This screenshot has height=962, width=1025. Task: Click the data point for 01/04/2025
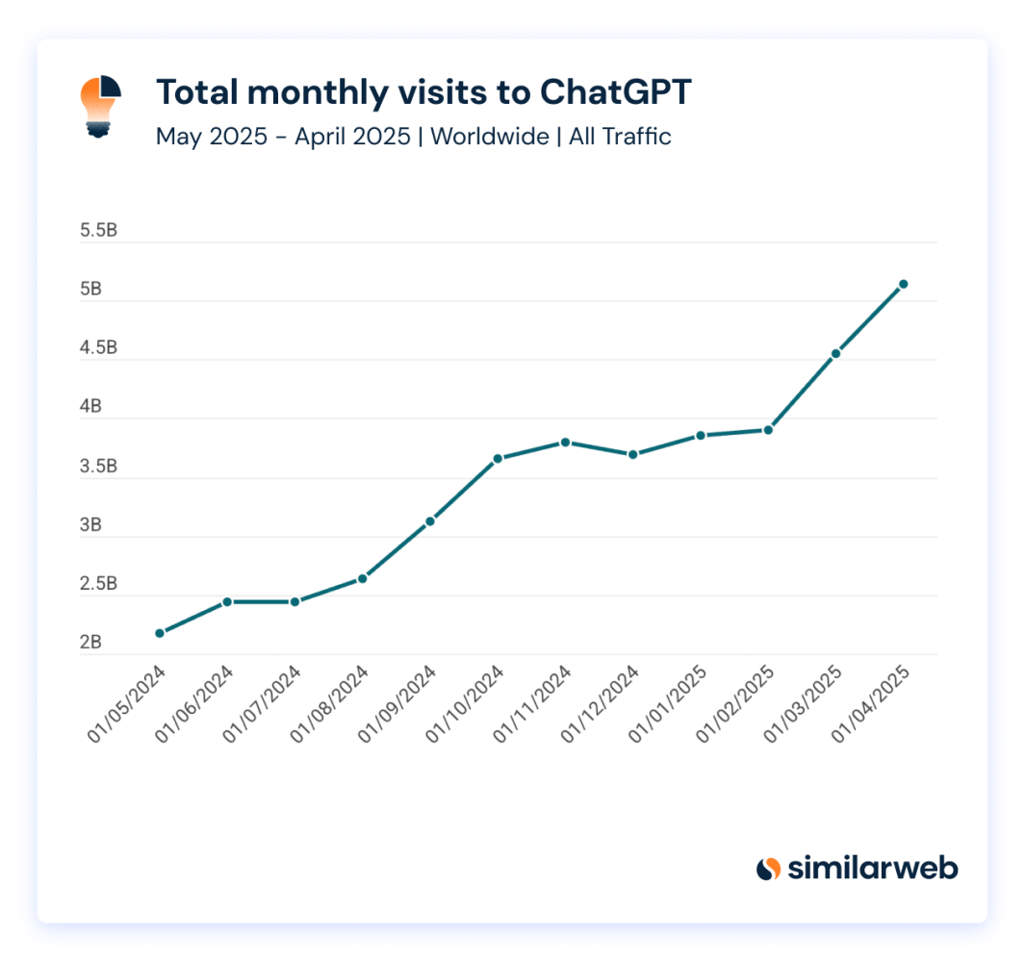904,284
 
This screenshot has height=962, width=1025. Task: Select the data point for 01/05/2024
160,633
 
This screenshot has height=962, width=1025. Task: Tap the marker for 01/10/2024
498,459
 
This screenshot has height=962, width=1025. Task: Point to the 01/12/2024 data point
633,454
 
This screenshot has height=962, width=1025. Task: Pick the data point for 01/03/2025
836,354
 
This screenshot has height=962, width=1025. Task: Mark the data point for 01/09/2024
430,521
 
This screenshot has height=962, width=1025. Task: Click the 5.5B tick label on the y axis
99,231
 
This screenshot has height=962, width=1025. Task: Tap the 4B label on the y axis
91,407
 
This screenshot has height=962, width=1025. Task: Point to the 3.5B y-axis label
99,467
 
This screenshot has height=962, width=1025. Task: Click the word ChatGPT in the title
615,92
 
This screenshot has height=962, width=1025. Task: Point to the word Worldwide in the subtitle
490,137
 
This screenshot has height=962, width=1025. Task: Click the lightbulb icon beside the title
99,106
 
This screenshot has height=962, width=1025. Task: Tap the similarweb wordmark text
873,869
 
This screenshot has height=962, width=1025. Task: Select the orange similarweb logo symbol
768,869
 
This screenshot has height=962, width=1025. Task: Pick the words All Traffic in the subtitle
620,137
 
